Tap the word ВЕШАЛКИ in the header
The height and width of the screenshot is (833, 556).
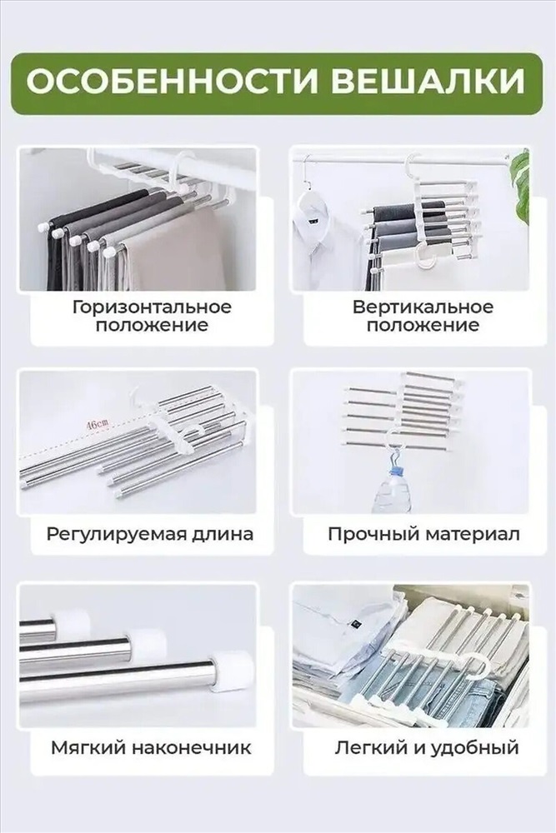(432, 83)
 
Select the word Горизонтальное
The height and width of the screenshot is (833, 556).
(152, 307)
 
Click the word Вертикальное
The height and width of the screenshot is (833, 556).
(423, 307)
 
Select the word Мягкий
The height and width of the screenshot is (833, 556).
(88, 748)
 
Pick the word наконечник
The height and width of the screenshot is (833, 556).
(192, 748)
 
